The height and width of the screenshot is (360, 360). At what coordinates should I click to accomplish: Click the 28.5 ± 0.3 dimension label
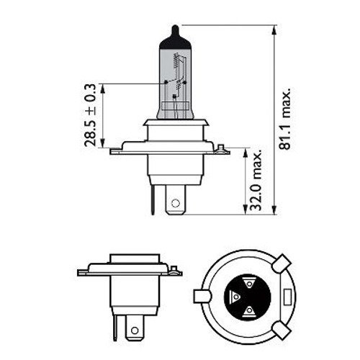point(90,115)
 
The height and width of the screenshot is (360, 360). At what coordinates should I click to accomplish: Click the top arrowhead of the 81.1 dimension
point(274,30)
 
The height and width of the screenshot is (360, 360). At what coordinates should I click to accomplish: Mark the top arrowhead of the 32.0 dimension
point(246,153)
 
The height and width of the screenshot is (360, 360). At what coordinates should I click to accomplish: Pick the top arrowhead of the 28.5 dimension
point(102,89)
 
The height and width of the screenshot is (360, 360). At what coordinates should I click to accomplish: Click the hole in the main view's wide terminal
point(176,203)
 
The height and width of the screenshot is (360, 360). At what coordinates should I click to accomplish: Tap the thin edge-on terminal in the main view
point(153,199)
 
